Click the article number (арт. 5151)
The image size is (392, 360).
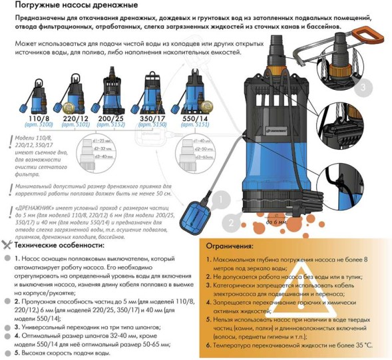pos(196,124)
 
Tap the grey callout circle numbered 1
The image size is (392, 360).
pos(223,199)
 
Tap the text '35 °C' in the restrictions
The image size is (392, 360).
pos(360,346)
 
